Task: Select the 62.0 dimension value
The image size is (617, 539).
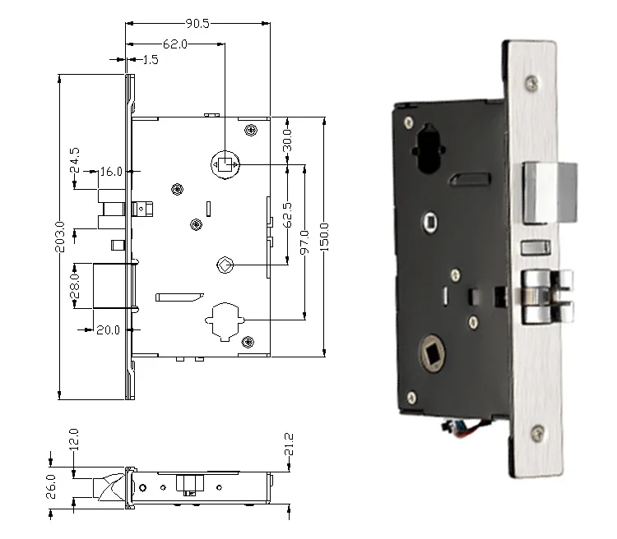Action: click(x=174, y=44)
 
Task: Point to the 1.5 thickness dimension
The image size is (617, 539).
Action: click(x=151, y=60)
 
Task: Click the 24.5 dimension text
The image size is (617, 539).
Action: click(x=75, y=159)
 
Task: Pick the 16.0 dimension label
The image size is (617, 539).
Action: click(x=111, y=172)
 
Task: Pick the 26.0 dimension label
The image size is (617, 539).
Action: click(x=52, y=486)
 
